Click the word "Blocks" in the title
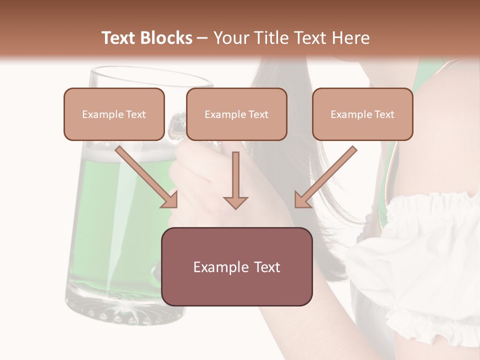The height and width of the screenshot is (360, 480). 166,38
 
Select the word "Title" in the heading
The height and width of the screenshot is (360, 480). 267,38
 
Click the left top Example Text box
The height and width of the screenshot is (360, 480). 114,114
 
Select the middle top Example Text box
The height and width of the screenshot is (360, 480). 236,114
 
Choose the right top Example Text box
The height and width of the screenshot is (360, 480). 362,114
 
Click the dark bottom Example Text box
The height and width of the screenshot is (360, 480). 236,267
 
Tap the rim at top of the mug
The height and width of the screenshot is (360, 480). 150,75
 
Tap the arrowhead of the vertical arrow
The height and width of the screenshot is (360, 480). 235,202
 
